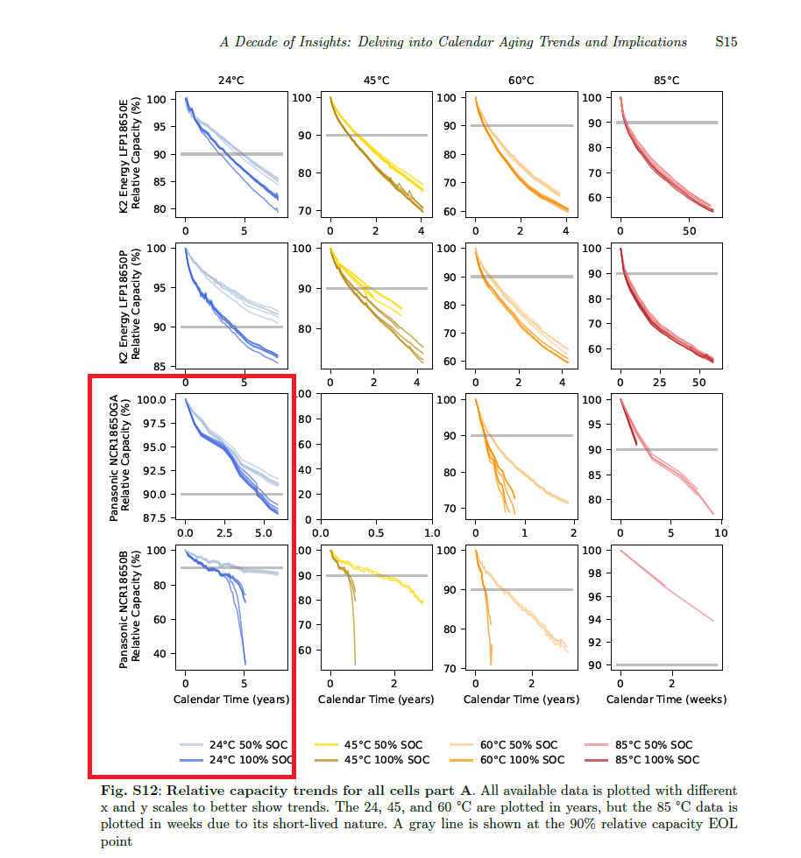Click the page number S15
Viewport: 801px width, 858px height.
[726, 42]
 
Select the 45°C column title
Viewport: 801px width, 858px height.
[376, 81]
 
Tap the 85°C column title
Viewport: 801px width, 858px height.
[666, 81]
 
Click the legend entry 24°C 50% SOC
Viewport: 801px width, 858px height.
[248, 745]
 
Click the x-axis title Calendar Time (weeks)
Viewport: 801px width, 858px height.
[666, 700]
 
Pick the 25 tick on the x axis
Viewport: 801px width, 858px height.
[660, 383]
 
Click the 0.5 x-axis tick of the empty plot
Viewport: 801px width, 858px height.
[376, 532]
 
